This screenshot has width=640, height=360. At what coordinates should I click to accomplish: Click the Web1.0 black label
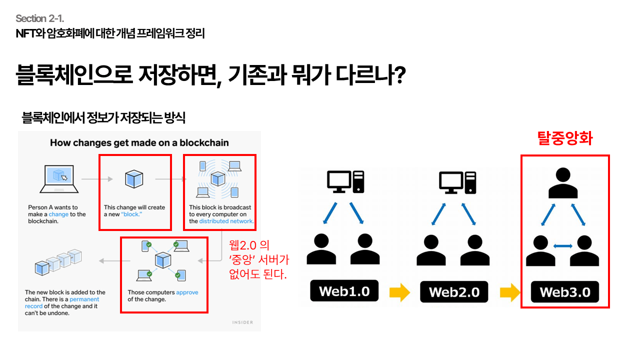344,291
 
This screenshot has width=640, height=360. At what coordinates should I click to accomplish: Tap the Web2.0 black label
454,291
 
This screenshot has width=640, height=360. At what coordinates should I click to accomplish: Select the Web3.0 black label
564,291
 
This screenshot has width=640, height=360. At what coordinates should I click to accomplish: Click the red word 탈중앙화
564,138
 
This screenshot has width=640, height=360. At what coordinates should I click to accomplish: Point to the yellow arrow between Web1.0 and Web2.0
399,292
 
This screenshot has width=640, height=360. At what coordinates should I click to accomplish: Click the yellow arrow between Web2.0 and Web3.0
509,292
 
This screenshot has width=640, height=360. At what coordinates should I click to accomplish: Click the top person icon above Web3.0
563,183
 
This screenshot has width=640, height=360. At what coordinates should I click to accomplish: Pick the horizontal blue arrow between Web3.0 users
562,245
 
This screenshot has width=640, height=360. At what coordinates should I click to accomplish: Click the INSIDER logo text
242,322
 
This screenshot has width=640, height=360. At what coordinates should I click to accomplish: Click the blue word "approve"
187,292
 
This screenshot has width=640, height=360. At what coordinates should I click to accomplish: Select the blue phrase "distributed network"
226,221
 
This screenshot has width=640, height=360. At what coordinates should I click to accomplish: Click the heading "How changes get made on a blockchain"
139,143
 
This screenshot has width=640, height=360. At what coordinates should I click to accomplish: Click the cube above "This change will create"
134,179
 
